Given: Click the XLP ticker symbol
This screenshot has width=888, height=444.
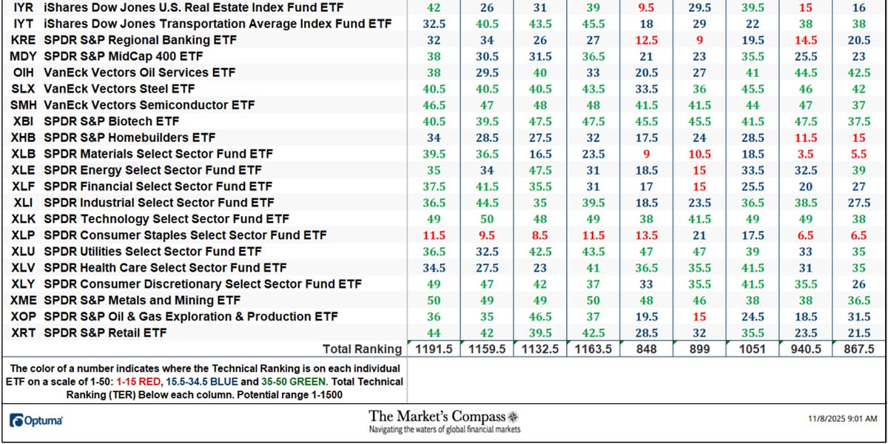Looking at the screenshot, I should coord(22,235).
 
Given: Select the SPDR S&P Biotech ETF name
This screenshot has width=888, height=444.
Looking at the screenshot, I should coord(112,121).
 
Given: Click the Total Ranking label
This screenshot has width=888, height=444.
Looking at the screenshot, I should coord(362,349).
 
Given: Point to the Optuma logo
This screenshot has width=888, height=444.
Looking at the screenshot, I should coord(36,420).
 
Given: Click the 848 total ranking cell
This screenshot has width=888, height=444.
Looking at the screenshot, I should coord(646,349).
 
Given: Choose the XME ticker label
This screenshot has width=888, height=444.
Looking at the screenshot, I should coord(22,300).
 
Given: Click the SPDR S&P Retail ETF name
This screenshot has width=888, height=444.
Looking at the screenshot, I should coord(105,333).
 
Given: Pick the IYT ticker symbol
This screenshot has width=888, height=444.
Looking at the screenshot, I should coord(22,24).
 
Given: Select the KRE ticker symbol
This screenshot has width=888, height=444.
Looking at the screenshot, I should coord(22,40).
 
